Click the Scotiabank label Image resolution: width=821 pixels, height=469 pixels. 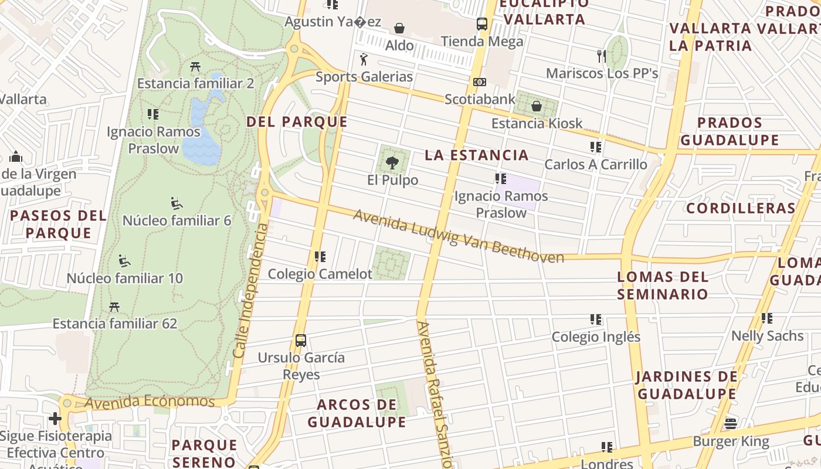[x=480, y=99]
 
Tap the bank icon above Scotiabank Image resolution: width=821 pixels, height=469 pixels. [x=480, y=82]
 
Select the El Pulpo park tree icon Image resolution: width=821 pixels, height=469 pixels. [x=392, y=162]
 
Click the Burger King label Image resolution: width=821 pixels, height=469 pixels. [x=731, y=441]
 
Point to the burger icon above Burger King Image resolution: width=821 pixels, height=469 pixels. [x=731, y=423]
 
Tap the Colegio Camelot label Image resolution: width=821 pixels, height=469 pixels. [x=320, y=274]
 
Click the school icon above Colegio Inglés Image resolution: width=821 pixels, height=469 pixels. [x=596, y=320]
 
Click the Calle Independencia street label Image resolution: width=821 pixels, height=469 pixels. [x=250, y=291]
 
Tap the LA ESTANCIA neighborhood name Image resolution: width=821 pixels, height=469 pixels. [x=476, y=155]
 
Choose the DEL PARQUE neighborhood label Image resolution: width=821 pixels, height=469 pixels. [x=297, y=122]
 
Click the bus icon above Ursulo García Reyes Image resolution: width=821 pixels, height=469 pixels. [x=301, y=340]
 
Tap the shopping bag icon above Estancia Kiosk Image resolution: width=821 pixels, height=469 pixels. [x=536, y=106]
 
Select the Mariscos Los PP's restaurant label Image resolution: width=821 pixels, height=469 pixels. [x=602, y=73]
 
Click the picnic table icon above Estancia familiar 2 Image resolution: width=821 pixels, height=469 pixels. [x=195, y=67]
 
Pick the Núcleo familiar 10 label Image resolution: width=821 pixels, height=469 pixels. [x=125, y=278]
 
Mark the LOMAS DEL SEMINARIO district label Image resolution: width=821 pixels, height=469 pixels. [x=663, y=285]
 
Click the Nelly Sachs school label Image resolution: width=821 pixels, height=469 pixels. [x=767, y=336]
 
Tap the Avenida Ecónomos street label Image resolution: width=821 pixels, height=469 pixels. [x=150, y=402]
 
